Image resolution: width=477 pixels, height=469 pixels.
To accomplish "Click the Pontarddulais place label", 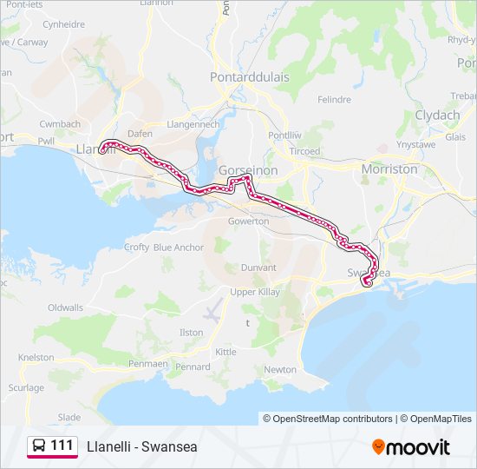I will [249, 76].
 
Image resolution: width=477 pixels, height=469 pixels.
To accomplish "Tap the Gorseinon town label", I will [248, 170].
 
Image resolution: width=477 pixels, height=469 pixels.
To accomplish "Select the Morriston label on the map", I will [389, 169].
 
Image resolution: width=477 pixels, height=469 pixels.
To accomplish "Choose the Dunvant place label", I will [258, 268].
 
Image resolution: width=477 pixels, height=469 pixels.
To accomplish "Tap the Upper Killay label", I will [255, 292].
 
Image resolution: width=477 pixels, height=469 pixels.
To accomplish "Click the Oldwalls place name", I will [66, 307].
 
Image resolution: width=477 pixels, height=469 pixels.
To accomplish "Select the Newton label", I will [280, 369].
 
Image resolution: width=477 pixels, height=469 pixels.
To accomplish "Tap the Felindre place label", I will [334, 100].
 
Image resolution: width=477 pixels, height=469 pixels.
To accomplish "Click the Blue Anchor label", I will [179, 248].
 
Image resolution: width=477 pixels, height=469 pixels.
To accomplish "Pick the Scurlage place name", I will [26, 387].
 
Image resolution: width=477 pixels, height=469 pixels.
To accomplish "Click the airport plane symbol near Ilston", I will [212, 310].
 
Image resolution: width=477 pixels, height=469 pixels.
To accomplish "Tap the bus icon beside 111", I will [40, 446].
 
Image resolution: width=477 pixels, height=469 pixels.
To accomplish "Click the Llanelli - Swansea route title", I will [142, 447].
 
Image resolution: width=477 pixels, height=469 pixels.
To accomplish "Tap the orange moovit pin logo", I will [379, 447].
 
